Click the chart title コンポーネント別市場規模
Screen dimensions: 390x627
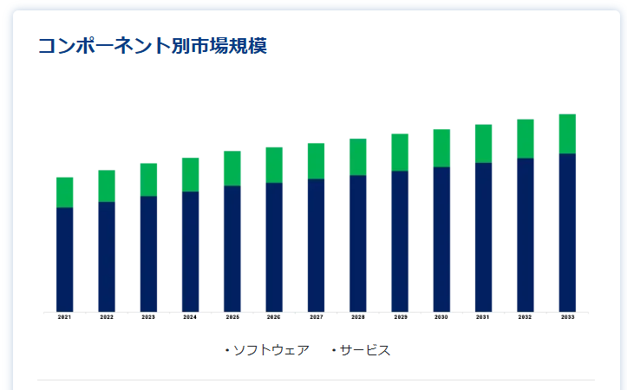(x=152, y=46)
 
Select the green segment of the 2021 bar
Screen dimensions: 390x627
(x=64, y=192)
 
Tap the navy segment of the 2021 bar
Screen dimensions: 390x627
(x=64, y=259)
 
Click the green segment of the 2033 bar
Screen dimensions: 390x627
(x=567, y=133)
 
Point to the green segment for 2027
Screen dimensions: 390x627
(x=316, y=161)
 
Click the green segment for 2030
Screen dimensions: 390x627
(x=441, y=148)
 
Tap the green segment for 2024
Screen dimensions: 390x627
(x=190, y=174)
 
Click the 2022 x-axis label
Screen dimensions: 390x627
(x=107, y=318)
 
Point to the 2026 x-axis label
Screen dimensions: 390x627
(x=274, y=318)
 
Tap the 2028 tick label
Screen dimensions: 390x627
(x=358, y=318)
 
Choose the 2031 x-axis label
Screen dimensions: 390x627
(x=483, y=318)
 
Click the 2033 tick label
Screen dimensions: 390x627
(x=567, y=318)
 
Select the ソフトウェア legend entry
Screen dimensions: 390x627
(x=271, y=350)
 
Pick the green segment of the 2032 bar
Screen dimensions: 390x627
(x=526, y=139)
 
